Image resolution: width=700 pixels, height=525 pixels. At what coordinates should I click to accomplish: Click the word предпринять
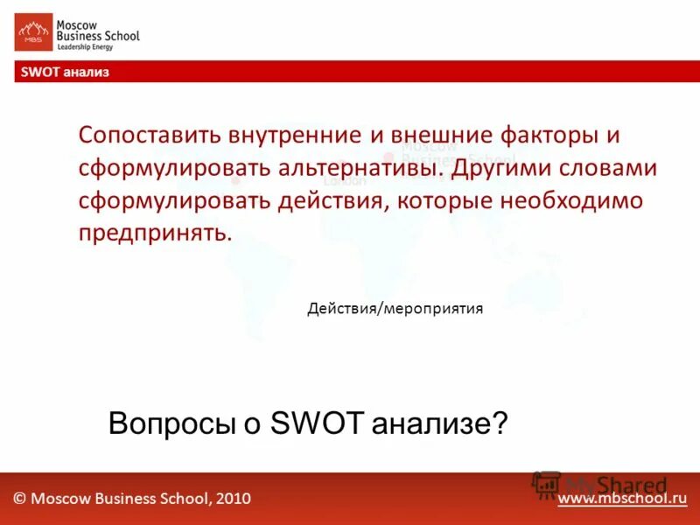coord(155,233)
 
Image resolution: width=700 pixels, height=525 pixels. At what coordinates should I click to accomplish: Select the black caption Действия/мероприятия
coord(395,308)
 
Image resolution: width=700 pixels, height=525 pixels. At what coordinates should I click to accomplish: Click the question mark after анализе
coord(500,423)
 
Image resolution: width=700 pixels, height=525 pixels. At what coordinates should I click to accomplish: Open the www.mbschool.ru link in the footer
coord(622,498)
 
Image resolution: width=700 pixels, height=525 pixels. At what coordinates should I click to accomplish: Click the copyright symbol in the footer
coord(19,499)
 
